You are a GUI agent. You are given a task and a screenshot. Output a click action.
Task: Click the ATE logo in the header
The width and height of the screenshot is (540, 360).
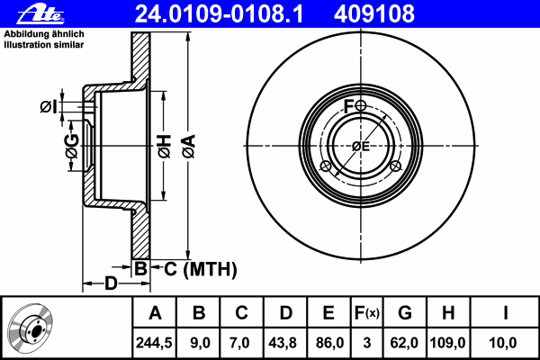coord(40,14)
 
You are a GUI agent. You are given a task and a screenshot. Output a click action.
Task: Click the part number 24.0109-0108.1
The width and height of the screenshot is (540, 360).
coord(219,14)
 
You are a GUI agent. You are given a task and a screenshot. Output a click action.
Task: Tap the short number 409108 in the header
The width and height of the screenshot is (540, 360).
coord(374,14)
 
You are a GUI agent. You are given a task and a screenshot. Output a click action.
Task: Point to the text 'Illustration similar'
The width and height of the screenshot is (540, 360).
coord(44,45)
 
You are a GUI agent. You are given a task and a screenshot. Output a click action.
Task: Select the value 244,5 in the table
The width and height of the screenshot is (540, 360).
coord(154,343)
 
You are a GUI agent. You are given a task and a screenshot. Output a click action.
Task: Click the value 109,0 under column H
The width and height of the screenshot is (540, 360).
coord(447,343)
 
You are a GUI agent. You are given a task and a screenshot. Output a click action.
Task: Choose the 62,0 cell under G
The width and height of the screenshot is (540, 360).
coord(404,343)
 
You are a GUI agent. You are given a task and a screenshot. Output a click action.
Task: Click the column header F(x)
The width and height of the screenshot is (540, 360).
coord(367,313)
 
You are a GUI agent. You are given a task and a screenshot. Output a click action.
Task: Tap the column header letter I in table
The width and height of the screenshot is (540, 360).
coord(505,313)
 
